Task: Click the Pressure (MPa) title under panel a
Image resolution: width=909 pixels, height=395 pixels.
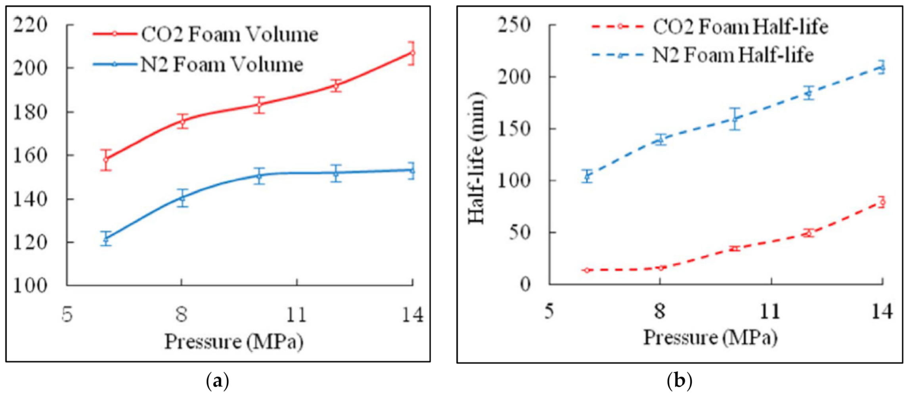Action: pyautogui.click(x=234, y=341)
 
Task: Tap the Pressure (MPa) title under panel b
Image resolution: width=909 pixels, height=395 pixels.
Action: pyautogui.click(x=710, y=338)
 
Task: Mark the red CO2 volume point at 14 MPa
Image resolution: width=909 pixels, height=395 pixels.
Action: pyautogui.click(x=412, y=53)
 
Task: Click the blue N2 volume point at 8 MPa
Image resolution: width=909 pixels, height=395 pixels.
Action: pyautogui.click(x=182, y=198)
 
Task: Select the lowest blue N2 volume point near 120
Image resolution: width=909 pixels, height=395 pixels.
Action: pyautogui.click(x=106, y=238)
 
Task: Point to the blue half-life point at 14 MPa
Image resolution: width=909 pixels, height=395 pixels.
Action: pyautogui.click(x=882, y=68)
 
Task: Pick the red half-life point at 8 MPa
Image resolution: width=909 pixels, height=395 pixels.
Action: pyautogui.click(x=660, y=268)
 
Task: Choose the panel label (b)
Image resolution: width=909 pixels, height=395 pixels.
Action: pyautogui.click(x=679, y=381)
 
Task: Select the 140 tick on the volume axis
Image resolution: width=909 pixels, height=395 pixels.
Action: pyautogui.click(x=30, y=199)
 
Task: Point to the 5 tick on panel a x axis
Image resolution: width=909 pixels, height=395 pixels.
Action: pyautogui.click(x=68, y=315)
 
